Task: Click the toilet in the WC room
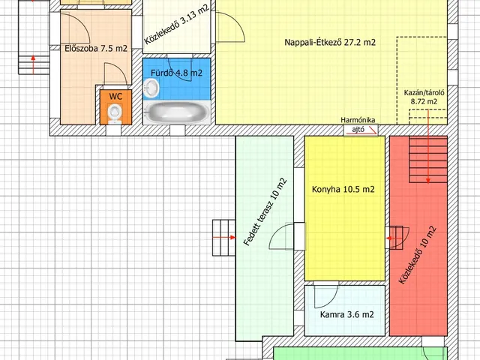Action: point(115,112)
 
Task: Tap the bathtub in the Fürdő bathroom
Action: point(177,112)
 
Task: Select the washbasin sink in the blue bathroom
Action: point(151,88)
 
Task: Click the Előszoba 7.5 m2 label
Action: point(96,48)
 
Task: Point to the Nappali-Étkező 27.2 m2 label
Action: point(330,42)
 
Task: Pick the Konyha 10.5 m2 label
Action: point(343,190)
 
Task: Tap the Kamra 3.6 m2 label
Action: point(346,314)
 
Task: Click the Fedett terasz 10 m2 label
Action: point(265,211)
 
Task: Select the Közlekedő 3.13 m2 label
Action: point(177,24)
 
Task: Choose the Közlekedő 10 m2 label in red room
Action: point(418,255)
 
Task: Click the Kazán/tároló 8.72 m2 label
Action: point(424,97)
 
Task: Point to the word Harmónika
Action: point(358,120)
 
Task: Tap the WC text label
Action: point(115,97)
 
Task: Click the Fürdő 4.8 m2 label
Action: point(177,73)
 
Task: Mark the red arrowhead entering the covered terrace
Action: point(232,237)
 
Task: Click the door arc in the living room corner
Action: point(235,25)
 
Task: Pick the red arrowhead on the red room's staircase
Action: point(428,181)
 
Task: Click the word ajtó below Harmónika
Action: point(358,130)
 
